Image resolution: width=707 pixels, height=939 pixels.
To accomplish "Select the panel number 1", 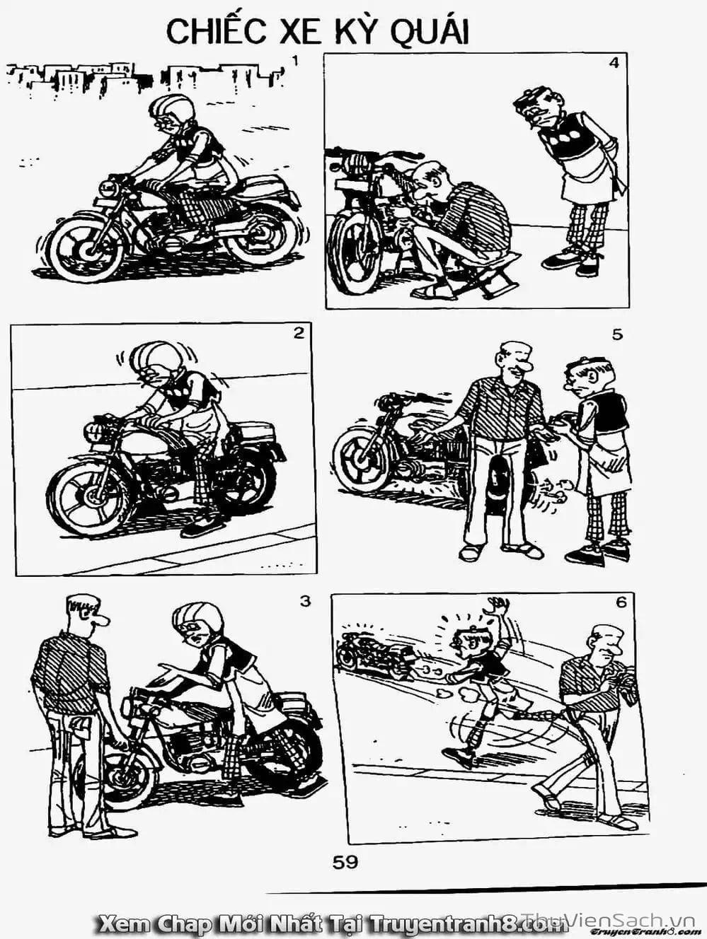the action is (x=294, y=62).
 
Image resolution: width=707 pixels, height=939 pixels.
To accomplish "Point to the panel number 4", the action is (x=614, y=64).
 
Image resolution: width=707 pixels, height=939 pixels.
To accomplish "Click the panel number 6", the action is (x=621, y=602).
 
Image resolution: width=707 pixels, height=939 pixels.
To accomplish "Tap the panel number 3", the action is (x=305, y=602).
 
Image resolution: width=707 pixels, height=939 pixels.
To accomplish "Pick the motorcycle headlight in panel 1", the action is (x=107, y=189).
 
